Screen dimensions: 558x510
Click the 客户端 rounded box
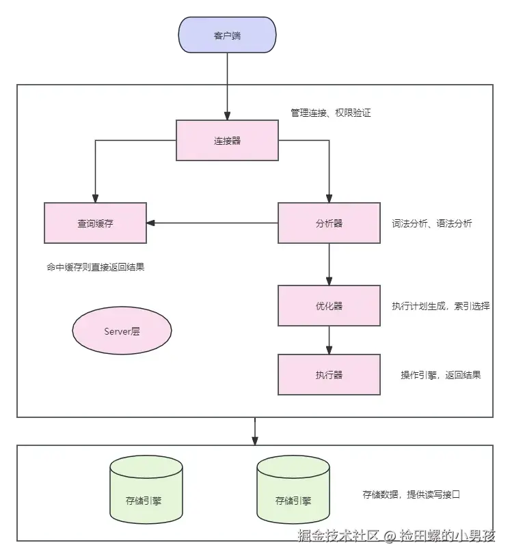[227, 36]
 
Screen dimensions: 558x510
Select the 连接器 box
[227, 141]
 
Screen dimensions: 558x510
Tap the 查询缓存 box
[95, 223]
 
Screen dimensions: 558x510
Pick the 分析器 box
[329, 223]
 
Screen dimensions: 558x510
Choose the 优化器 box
[329, 305]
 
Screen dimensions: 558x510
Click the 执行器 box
[329, 374]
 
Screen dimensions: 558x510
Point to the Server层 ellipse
[122, 331]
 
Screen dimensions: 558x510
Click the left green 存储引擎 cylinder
[146, 500]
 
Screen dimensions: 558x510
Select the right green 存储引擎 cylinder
[293, 500]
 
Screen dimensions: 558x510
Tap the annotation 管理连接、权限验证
[330, 113]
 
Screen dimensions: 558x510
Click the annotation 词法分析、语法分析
[431, 223]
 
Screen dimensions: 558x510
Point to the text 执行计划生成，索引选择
[440, 306]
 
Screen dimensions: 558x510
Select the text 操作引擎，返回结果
[440, 375]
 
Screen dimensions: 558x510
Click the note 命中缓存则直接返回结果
[95, 268]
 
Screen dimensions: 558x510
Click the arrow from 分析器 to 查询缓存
[212, 223]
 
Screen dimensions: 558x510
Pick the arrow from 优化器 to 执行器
[329, 340]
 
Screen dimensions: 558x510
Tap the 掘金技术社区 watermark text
[338, 535]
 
